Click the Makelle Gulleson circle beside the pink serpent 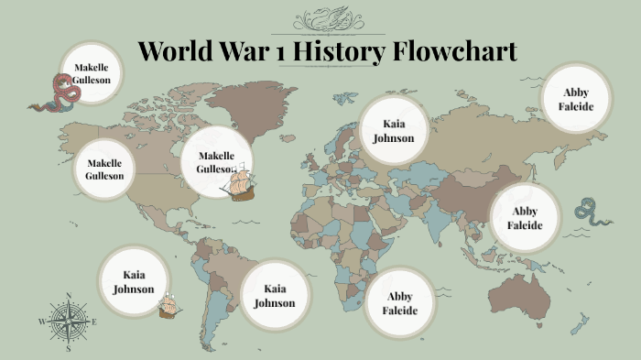(x=92, y=73)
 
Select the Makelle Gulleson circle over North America (x=104, y=169)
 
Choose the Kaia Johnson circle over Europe (x=393, y=130)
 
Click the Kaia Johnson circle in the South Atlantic (x=275, y=295)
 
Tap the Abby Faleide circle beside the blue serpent (x=525, y=218)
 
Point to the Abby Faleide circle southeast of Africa (x=401, y=303)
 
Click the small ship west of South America (x=168, y=306)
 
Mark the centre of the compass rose (x=68, y=322)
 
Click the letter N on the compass (x=69, y=295)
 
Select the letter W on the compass (x=41, y=322)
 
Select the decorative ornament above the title (x=327, y=19)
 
